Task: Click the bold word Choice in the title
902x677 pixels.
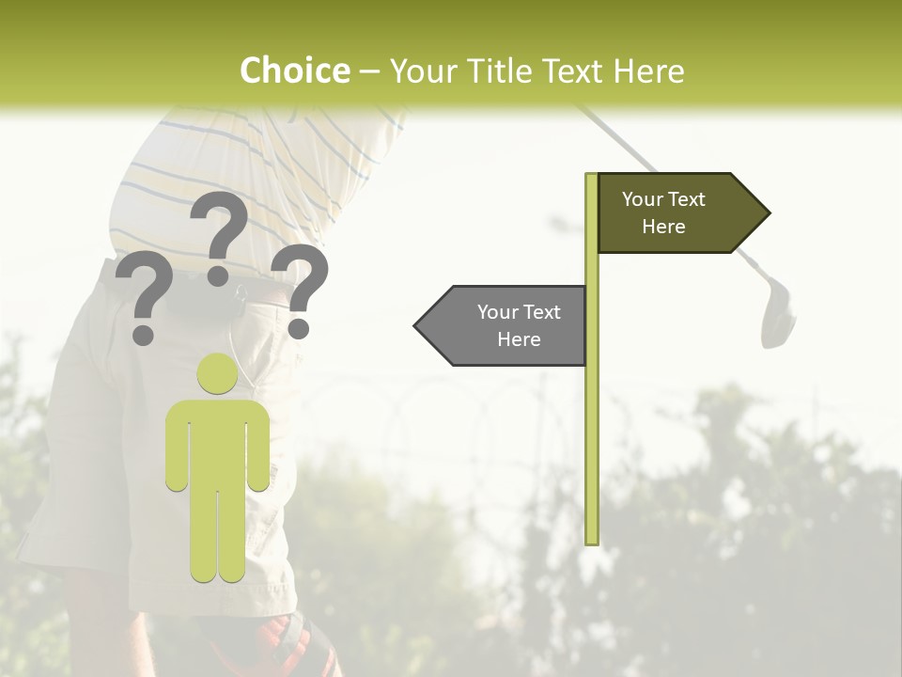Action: [294, 71]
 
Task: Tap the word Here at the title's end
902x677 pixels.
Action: [647, 71]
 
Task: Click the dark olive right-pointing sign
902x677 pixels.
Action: [672, 213]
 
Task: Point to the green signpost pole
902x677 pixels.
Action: [591, 423]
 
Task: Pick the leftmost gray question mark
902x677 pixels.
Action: [144, 296]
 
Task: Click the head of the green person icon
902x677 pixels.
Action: [217, 374]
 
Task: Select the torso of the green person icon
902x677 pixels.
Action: [217, 442]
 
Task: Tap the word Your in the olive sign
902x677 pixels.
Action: [644, 199]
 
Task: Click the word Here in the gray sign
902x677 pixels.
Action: [519, 339]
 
